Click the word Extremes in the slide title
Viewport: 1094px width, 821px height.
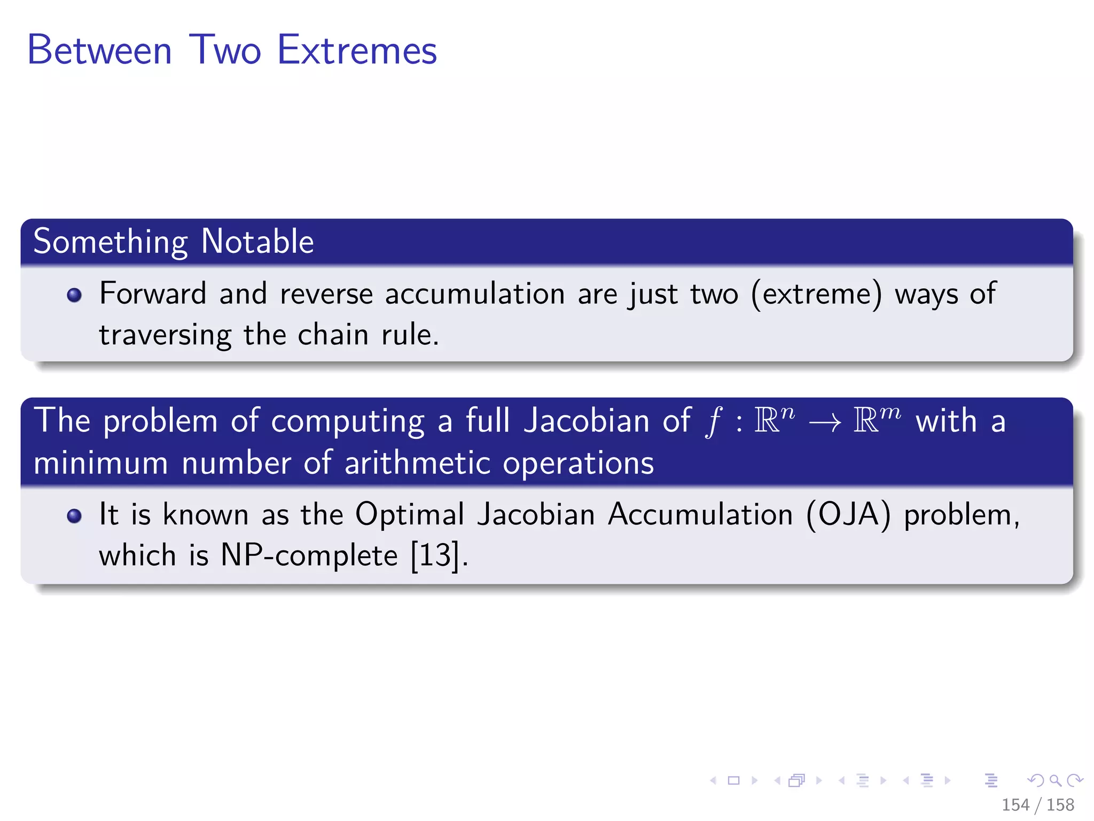357,50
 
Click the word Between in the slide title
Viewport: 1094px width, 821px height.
99,50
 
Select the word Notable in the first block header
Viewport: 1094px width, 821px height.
257,242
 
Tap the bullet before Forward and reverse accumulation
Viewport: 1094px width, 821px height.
74,295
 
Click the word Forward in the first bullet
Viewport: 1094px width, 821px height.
153,294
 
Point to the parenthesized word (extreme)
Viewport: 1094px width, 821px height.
817,294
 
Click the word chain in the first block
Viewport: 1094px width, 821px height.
333,335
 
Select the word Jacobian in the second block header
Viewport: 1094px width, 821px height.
586,421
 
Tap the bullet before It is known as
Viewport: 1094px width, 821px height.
74,516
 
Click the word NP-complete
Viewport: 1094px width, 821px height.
309,555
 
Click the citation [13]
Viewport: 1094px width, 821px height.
435,555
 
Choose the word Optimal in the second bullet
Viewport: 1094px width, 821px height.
410,515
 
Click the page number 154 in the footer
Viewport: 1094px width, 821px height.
1015,804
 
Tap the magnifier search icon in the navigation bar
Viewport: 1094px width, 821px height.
1055,781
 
